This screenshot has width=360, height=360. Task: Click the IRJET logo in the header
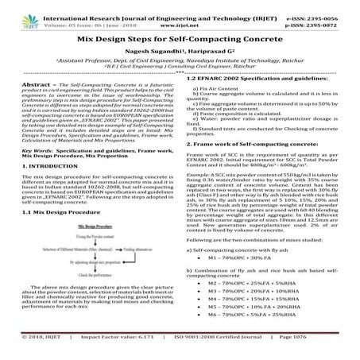[x=22, y=14]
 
